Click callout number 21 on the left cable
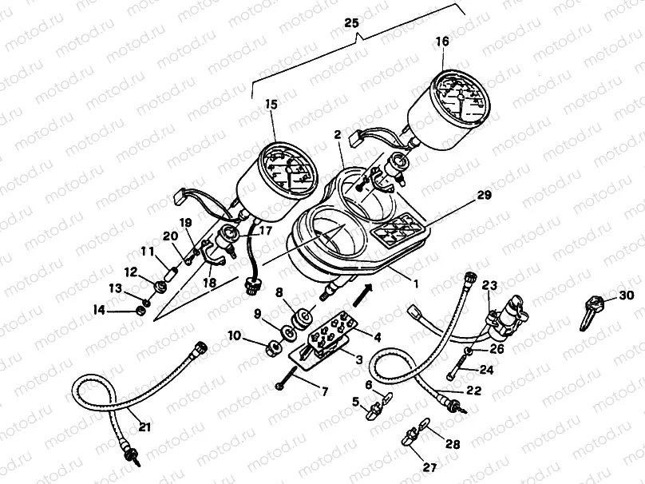click(144, 427)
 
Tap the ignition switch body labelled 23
click(505, 313)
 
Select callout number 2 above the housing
click(338, 136)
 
